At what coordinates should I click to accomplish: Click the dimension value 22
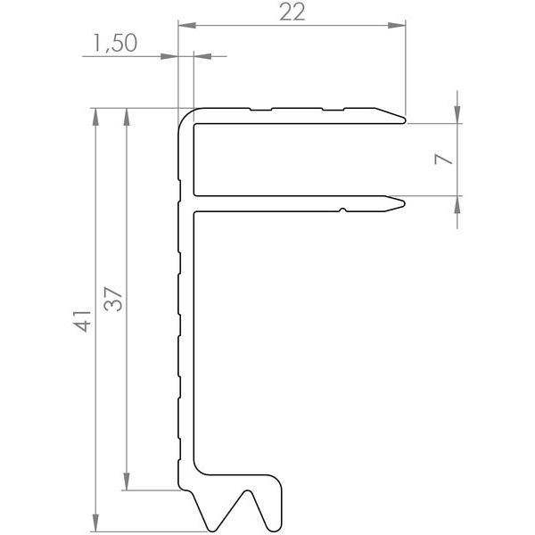tap(292, 12)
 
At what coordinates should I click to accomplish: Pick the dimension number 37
tap(113, 298)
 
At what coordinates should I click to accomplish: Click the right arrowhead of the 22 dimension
tap(400, 25)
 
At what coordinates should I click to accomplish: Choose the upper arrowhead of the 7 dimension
tap(457, 114)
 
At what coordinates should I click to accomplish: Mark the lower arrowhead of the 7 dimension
tap(457, 202)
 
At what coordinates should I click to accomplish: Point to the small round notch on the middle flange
tap(342, 210)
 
